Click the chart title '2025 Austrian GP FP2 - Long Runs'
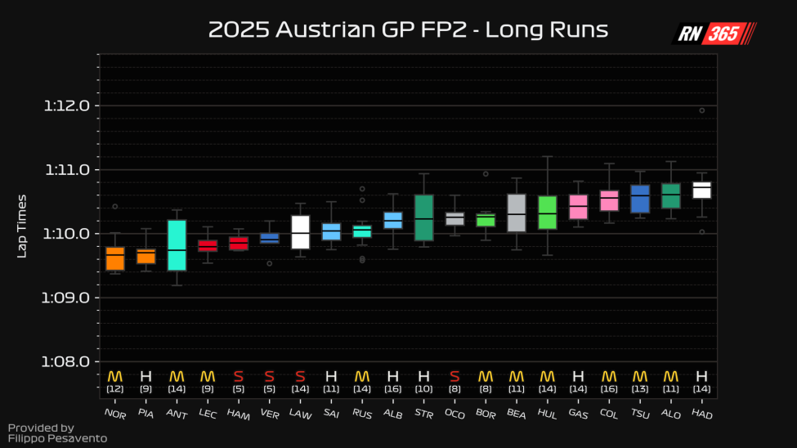pos(408,30)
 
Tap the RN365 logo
pos(714,34)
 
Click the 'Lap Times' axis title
pos(23,226)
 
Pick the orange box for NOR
pos(115,258)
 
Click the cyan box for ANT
pos(177,245)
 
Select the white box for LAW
pos(300,232)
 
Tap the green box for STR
pos(423,217)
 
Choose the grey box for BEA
pos(516,213)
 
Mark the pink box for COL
pos(609,201)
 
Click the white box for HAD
pos(701,190)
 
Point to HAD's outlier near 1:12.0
pos(701,110)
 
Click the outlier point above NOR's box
pos(115,206)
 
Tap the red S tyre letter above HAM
pos(239,377)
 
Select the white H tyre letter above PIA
pos(146,377)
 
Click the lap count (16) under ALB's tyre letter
pos(392,390)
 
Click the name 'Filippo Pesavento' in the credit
pos(57,439)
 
